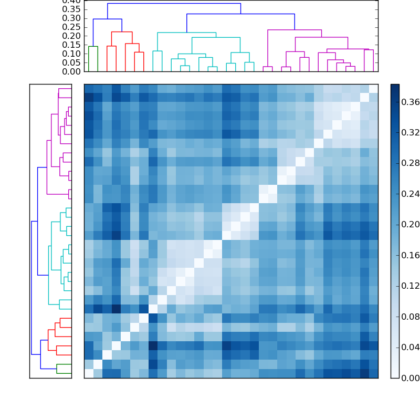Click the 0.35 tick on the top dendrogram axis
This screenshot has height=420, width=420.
[71, 9]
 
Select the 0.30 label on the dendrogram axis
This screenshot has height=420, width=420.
[71, 18]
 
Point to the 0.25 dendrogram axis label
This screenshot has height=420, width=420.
[71, 27]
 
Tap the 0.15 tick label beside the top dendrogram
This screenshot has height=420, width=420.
[71, 45]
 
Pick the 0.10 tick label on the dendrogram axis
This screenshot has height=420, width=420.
[71, 54]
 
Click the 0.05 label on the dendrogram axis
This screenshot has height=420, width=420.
[71, 63]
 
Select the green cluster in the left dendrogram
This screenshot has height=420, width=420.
[64, 369]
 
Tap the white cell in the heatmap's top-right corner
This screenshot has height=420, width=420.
[373, 88]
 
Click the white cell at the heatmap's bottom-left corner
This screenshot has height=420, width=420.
[89, 373]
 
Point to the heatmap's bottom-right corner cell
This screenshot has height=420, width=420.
[373, 373]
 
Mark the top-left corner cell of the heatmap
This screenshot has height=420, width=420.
[89, 88]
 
